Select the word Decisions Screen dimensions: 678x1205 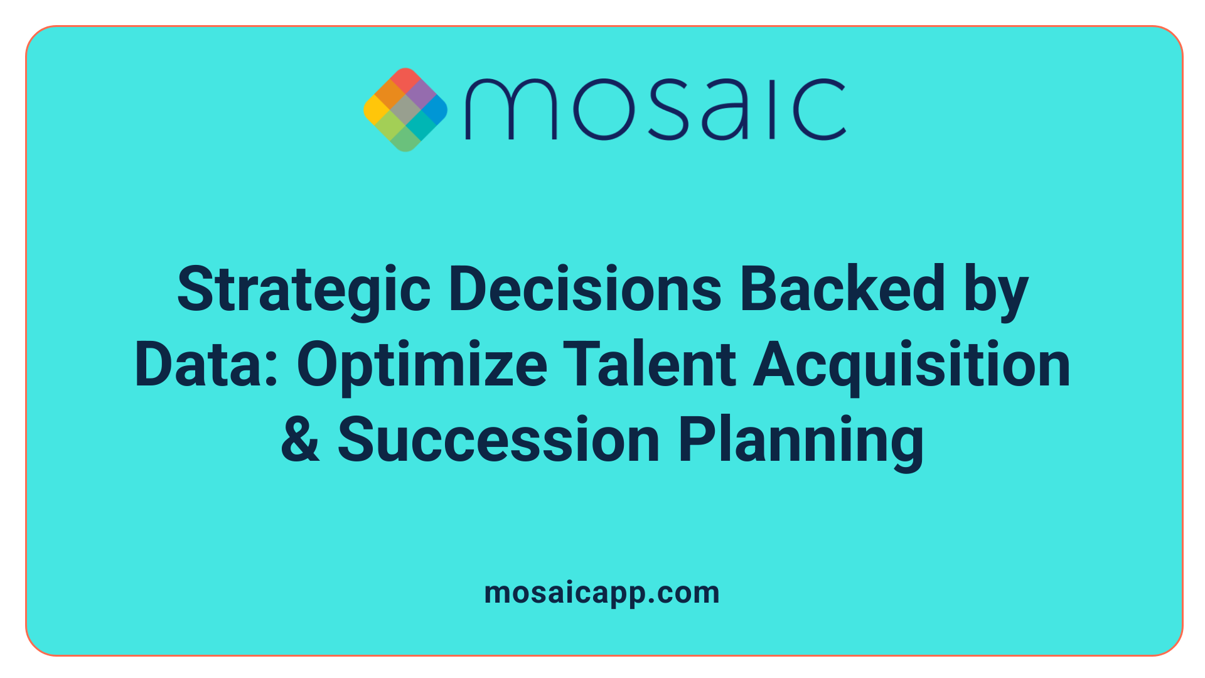[585, 290]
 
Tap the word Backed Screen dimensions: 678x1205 [842, 290]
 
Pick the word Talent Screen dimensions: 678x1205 [649, 365]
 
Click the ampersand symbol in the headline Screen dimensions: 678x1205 [300, 440]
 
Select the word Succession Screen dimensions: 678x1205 [499, 440]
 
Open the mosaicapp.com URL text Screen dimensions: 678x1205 [602, 593]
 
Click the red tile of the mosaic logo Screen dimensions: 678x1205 [405, 79]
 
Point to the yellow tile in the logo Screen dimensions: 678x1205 [375, 109]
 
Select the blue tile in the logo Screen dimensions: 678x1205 [435, 109]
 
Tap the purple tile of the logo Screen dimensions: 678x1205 [420, 94]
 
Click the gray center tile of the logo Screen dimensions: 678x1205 [405, 109]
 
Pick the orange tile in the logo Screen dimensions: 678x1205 [390, 94]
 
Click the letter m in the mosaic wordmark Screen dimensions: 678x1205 [511, 109]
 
